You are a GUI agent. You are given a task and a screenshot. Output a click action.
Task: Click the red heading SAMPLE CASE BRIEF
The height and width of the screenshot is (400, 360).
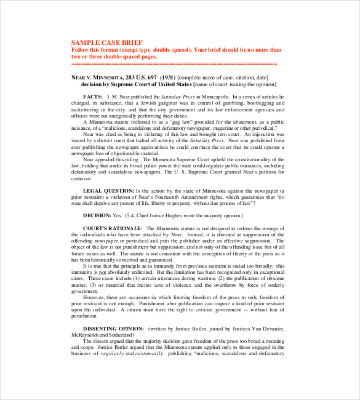pos(103,42)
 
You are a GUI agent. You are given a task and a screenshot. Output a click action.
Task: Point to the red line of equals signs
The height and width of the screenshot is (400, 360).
pos(174,63)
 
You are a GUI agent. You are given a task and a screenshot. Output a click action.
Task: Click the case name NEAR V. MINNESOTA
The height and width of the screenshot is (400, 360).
pos(97,78)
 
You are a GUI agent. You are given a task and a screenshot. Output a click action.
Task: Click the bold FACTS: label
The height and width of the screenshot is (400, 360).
pos(92,97)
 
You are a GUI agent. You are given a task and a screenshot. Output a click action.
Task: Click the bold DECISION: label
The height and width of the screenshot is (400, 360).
pos(97,215)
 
